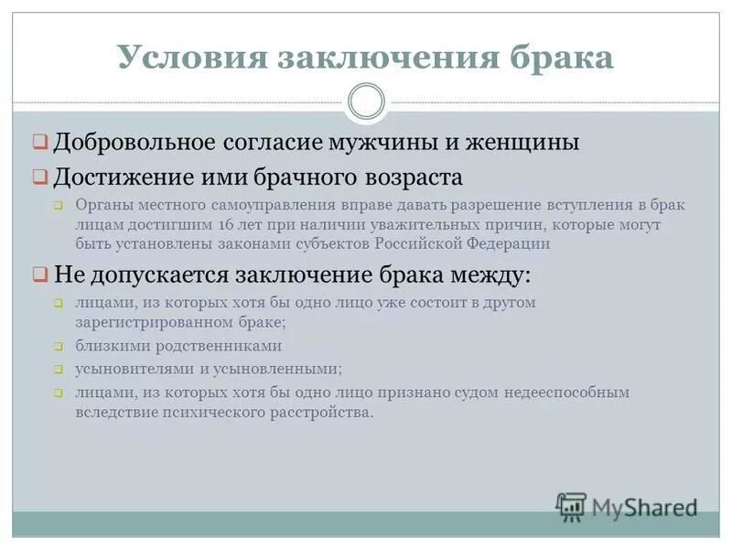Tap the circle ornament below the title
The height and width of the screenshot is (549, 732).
tap(366, 102)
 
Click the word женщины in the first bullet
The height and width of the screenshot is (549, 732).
tap(523, 143)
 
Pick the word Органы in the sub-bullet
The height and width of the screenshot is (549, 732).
tap(100, 205)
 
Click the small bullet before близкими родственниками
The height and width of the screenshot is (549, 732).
tap(57, 347)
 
